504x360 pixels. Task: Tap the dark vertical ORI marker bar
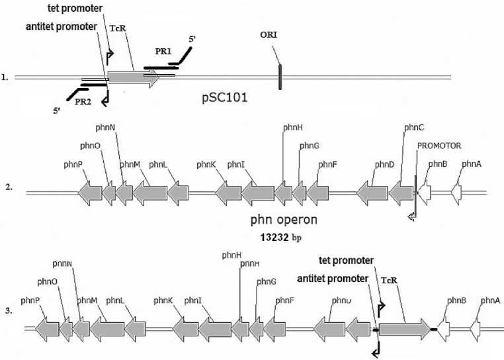coord(280,76)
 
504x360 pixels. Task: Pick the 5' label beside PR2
coord(58,111)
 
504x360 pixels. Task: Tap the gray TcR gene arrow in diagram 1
coord(133,78)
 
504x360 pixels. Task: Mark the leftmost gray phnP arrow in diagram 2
coord(89,193)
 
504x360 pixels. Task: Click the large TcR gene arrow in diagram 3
coord(403,328)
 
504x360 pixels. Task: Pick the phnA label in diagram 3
coord(490,300)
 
